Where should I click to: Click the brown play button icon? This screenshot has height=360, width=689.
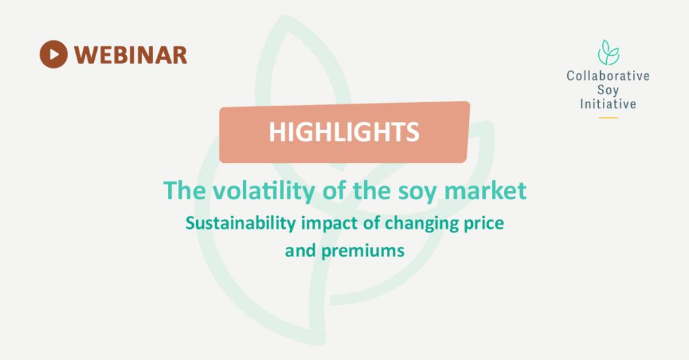[54, 55]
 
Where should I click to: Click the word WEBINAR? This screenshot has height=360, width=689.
[131, 55]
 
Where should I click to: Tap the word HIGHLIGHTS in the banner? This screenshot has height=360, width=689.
[344, 132]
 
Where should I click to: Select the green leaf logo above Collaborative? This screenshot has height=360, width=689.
[608, 52]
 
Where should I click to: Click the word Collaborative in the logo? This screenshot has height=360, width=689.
[608, 75]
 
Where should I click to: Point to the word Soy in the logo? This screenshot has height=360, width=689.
[608, 90]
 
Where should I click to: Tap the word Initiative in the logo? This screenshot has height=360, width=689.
[608, 104]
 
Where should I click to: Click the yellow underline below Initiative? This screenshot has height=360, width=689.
[608, 118]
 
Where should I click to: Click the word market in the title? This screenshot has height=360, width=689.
[486, 191]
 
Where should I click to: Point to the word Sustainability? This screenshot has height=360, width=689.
[241, 223]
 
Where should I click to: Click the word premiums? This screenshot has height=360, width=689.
[363, 252]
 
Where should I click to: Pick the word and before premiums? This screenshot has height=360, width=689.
[301, 251]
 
